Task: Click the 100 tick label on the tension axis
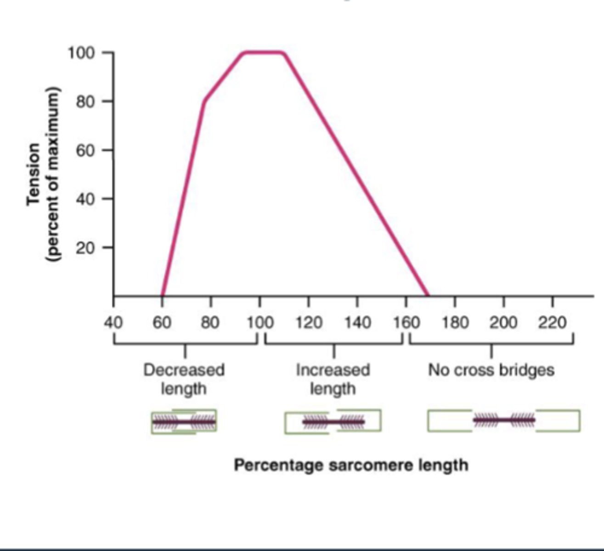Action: pos(82,53)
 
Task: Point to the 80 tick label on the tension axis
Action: pos(85,101)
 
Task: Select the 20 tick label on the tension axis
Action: pos(85,248)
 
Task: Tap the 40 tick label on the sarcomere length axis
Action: pos(113,323)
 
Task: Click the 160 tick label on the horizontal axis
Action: pos(406,323)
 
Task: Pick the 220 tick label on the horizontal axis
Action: pos(552,323)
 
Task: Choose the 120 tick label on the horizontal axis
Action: pos(309,323)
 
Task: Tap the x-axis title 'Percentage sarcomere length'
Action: pos(351,465)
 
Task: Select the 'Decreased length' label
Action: pos(184,379)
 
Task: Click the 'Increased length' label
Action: pos(333,379)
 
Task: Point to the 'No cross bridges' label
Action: pos(491,370)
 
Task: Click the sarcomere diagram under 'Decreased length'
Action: pos(184,422)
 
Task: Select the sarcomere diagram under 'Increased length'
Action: pos(333,422)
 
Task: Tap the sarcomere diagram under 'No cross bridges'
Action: pos(504,421)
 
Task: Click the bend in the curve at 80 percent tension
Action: pos(204,101)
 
